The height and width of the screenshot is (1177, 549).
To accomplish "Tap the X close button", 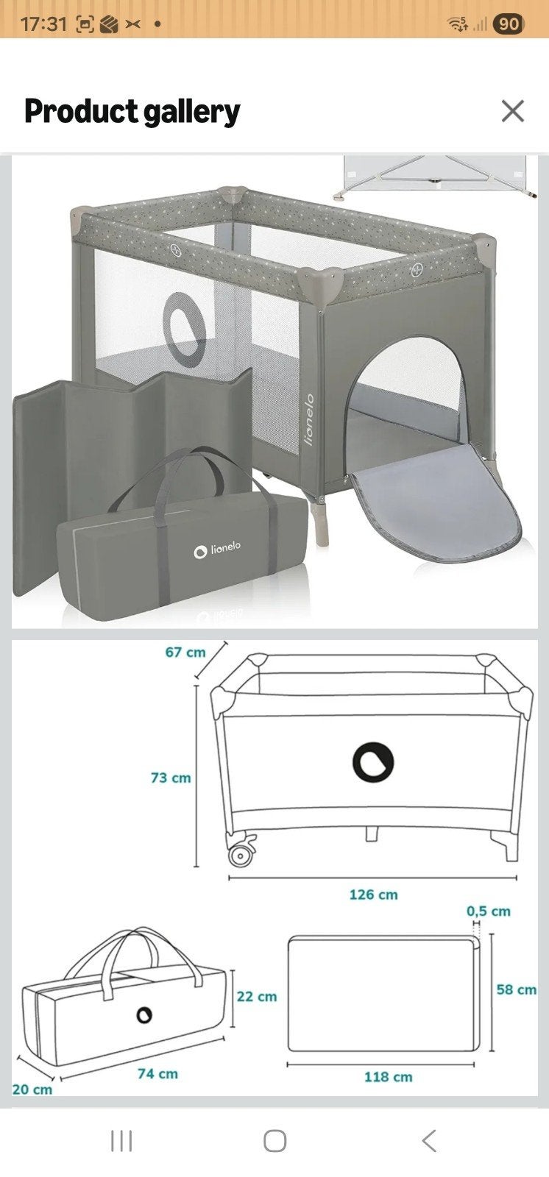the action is coord(513,111).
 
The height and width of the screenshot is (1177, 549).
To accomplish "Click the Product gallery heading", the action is coord(132,112).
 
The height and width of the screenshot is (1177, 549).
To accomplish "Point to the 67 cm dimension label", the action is coord(185,652).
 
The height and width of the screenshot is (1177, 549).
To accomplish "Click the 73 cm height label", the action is coord(171,778).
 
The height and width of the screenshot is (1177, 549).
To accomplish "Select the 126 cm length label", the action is coord(373,895).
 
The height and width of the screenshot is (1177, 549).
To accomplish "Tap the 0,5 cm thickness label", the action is coord(489,911).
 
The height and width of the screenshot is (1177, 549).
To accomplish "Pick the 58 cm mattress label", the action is coord(517,990).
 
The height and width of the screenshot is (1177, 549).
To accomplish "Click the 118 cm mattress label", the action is coord(388,1077).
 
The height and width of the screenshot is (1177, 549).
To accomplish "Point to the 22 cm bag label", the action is coord(257,997).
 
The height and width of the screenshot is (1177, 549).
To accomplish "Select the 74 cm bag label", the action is coord(157,1074).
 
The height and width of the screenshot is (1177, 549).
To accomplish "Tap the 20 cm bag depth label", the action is coord(32,1089).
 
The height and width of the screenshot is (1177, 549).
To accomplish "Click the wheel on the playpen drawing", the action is coord(241,855).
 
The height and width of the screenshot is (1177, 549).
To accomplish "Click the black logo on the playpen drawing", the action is coord(373,762).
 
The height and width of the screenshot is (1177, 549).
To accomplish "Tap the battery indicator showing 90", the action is coord(508,24).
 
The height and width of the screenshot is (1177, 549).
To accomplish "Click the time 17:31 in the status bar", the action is coord(43,24).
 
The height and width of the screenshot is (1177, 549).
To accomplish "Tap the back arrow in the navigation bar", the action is coord(429,1141).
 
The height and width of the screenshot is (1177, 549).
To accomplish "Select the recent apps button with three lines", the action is coord(121,1141).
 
